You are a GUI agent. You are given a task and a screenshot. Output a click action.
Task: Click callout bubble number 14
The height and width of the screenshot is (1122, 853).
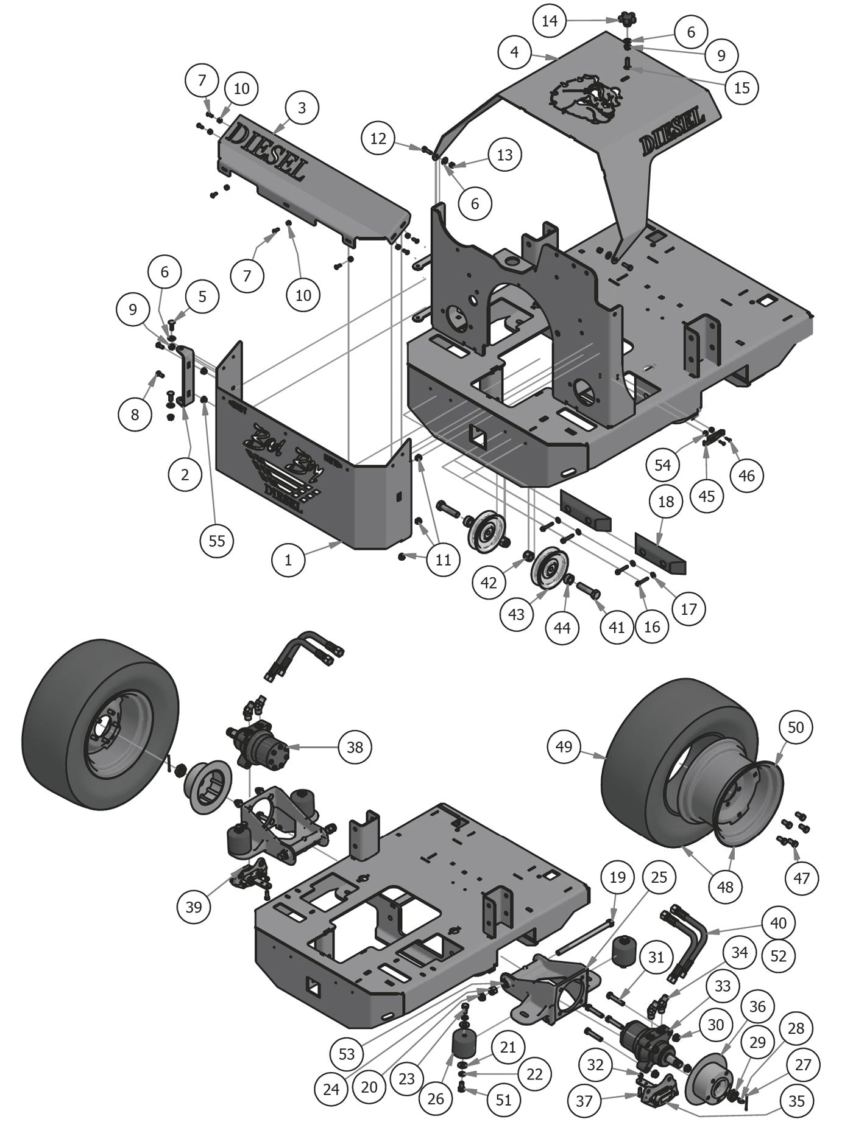550,21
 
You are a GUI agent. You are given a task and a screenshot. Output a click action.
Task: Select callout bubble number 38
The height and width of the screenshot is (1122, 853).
355,746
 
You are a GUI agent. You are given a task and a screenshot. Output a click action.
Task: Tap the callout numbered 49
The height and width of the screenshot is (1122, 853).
564,745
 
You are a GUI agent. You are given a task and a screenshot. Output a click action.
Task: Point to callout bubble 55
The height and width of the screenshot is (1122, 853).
217,540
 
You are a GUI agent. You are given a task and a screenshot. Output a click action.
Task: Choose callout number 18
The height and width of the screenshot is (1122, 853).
666,501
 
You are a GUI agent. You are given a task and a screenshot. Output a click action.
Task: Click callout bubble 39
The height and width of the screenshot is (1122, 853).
194,906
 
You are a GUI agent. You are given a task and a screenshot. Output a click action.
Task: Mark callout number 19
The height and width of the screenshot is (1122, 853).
617,877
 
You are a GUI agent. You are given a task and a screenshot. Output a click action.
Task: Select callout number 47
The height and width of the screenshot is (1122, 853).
802,877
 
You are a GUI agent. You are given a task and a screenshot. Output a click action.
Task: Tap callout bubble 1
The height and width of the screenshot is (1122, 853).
288,559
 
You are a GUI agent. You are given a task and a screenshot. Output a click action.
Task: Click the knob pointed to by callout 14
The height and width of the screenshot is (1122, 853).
626,18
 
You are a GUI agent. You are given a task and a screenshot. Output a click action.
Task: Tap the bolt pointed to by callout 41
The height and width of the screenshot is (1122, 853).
587,589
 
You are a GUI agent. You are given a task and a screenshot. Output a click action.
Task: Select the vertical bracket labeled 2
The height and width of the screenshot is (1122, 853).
185,377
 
